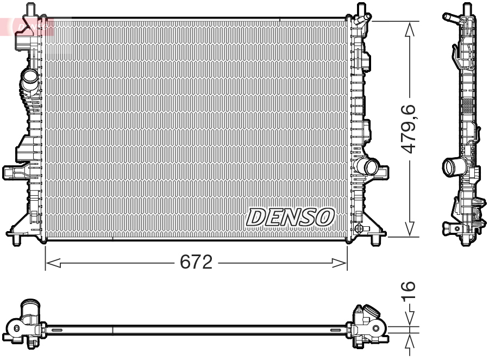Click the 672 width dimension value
pyautogui.click(x=196, y=262)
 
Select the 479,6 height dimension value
pyautogui.click(x=409, y=129)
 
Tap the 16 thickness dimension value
pyautogui.click(x=409, y=291)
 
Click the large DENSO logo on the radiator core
pyautogui.click(x=290, y=218)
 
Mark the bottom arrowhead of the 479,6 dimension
pyautogui.click(x=409, y=229)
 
